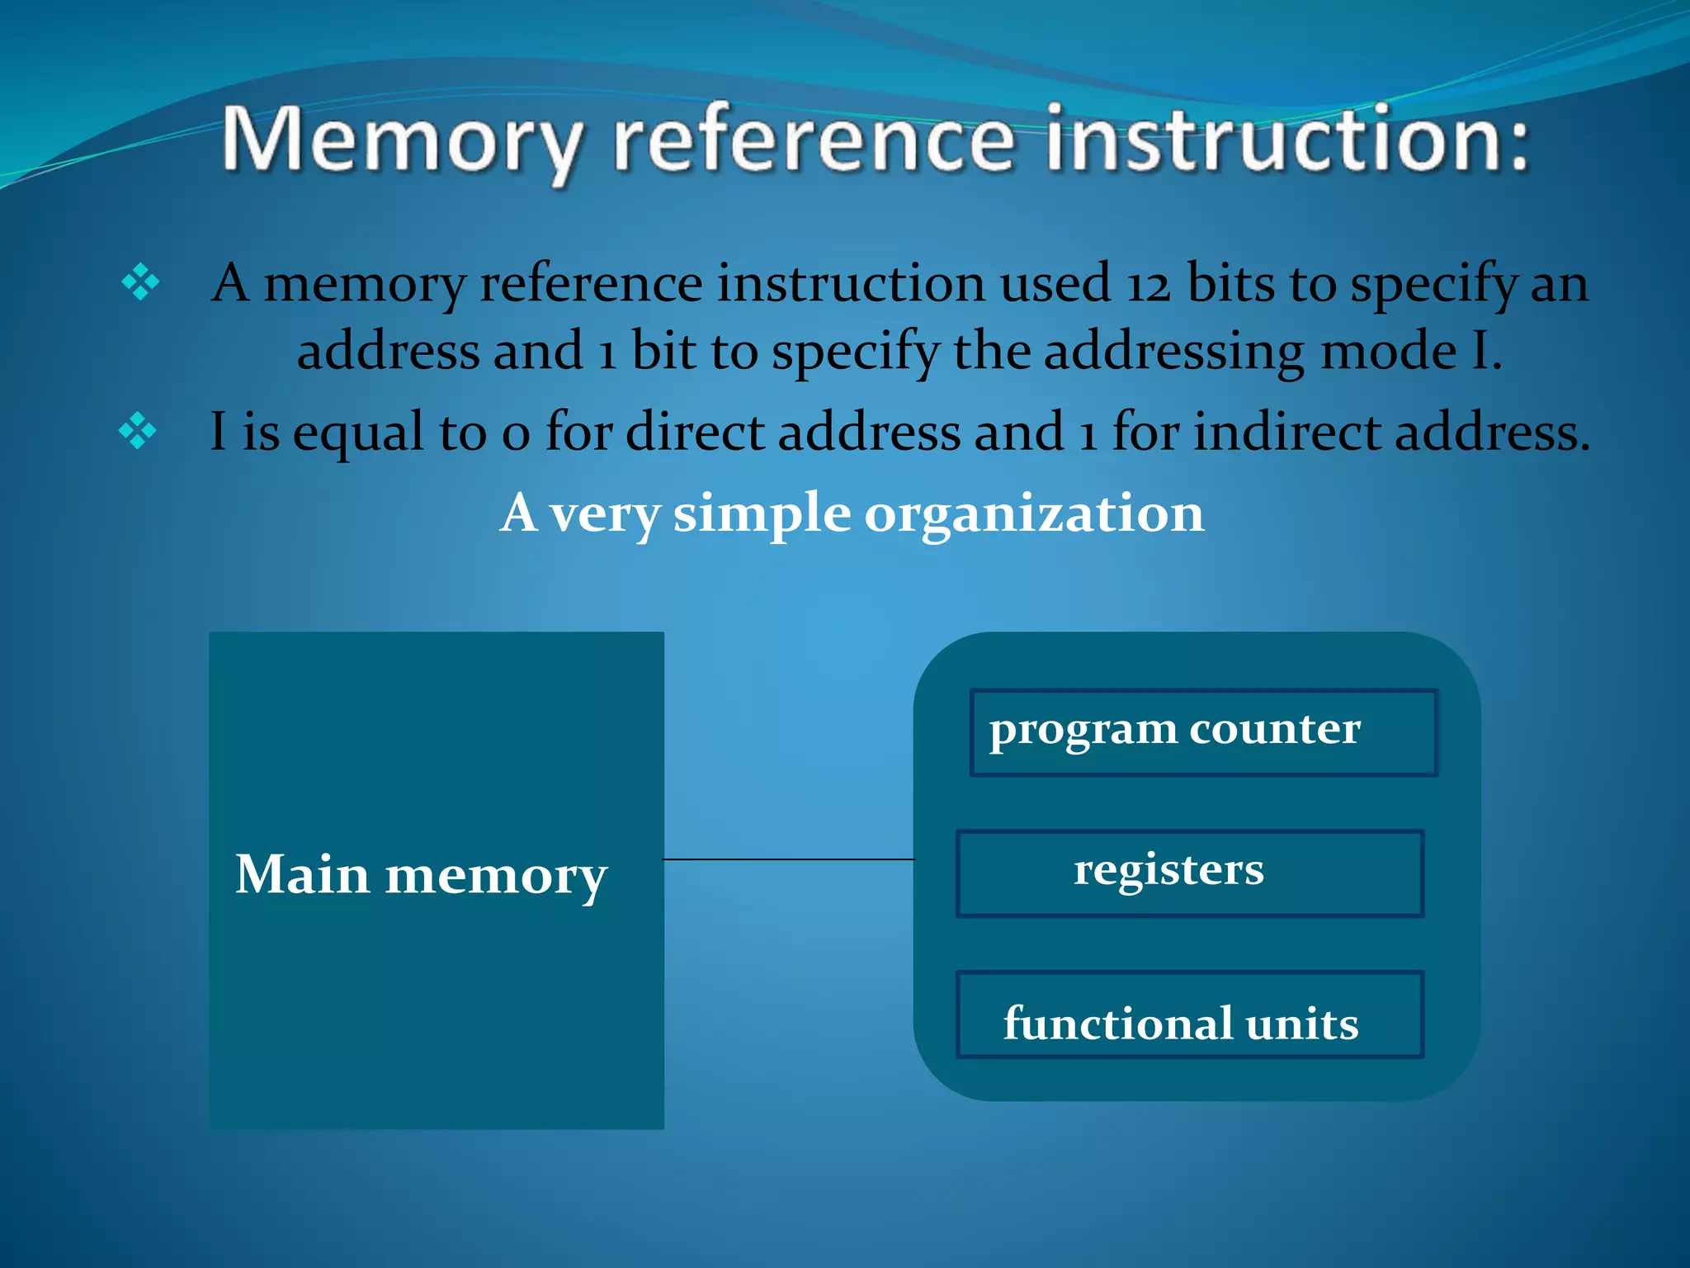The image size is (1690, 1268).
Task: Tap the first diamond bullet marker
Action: pyautogui.click(x=140, y=282)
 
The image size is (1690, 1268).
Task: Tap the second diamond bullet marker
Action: pyautogui.click(x=137, y=431)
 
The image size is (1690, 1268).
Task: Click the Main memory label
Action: pyautogui.click(x=421, y=875)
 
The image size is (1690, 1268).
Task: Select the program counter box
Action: pyautogui.click(x=1203, y=732)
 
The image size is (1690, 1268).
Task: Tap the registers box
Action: pyautogui.click(x=1189, y=873)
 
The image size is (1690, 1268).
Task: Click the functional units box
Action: pyautogui.click(x=1189, y=1015)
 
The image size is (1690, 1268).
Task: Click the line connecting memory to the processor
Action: pyautogui.click(x=788, y=859)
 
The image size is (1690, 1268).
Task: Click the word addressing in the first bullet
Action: pyautogui.click(x=1173, y=351)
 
